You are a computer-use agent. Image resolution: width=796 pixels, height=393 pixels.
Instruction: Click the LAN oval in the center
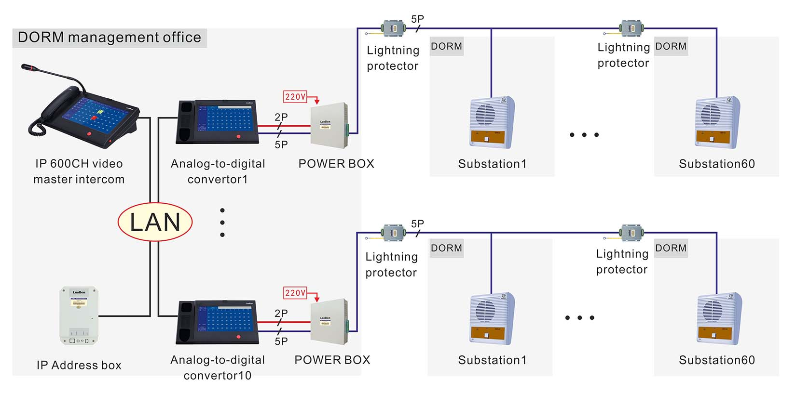(155, 222)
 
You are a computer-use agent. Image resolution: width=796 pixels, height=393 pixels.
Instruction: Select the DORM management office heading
(110, 38)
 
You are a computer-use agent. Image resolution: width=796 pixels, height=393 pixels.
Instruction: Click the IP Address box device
(79, 315)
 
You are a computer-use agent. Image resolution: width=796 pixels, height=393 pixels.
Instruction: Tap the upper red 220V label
(295, 97)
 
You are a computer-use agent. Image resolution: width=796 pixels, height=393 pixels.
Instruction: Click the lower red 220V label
(295, 293)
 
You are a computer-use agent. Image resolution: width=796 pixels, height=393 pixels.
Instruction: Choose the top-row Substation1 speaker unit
(492, 122)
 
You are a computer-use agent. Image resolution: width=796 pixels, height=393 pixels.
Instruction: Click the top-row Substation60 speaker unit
(717, 122)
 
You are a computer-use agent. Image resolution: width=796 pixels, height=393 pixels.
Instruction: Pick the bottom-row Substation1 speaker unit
(492, 318)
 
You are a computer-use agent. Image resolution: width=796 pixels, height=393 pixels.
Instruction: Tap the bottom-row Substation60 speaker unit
(719, 318)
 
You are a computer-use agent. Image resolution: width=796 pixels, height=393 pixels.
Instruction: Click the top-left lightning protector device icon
(394, 28)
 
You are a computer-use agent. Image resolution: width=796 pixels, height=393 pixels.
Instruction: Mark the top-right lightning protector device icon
(631, 28)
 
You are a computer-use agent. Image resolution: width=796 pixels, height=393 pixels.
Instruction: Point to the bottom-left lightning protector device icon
(394, 233)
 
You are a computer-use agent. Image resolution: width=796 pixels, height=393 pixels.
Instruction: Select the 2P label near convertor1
(281, 117)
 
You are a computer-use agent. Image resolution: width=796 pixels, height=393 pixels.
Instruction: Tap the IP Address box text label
(79, 365)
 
